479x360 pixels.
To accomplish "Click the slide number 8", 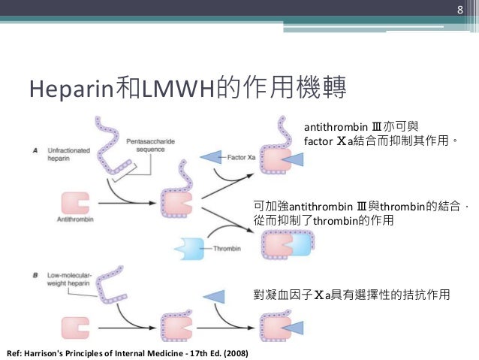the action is point(461,10).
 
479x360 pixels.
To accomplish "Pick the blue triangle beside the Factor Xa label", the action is point(212,156).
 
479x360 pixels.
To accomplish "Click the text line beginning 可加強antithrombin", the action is point(357,206).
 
